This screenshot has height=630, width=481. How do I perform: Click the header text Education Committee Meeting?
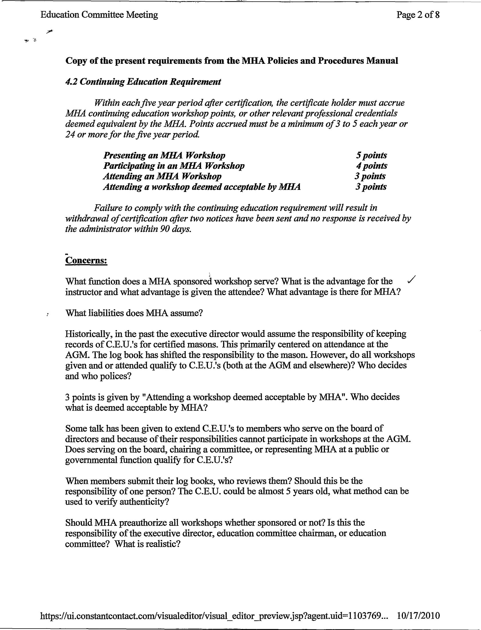(x=99, y=15)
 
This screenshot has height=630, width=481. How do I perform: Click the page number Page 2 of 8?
(x=418, y=15)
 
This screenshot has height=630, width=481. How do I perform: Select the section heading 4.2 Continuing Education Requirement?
(x=143, y=82)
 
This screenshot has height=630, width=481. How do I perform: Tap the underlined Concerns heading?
(x=86, y=261)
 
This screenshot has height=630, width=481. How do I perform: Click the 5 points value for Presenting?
(x=371, y=155)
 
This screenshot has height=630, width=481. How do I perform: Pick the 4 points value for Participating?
(x=371, y=166)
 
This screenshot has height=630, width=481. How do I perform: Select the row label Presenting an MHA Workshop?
(x=164, y=155)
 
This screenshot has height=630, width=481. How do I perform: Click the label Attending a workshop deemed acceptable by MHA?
(x=202, y=187)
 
